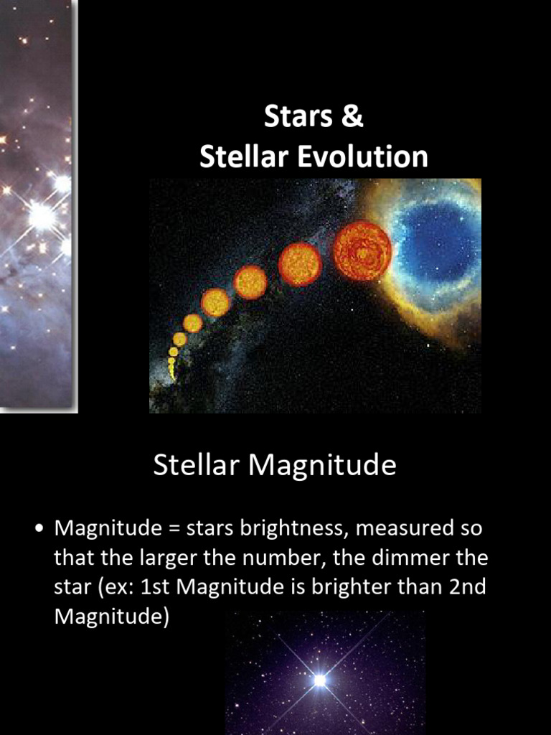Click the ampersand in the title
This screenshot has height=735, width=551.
point(352,117)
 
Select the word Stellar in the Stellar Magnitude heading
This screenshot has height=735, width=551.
point(197,466)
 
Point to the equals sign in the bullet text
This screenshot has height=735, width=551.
point(174,530)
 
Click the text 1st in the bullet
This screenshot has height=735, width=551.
point(156,586)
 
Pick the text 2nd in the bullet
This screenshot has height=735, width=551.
point(468,586)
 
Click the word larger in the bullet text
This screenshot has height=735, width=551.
point(171,558)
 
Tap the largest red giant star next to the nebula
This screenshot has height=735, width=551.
point(362,251)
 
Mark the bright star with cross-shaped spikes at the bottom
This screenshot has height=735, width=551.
point(319,679)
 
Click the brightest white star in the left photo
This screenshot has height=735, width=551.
point(41,215)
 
